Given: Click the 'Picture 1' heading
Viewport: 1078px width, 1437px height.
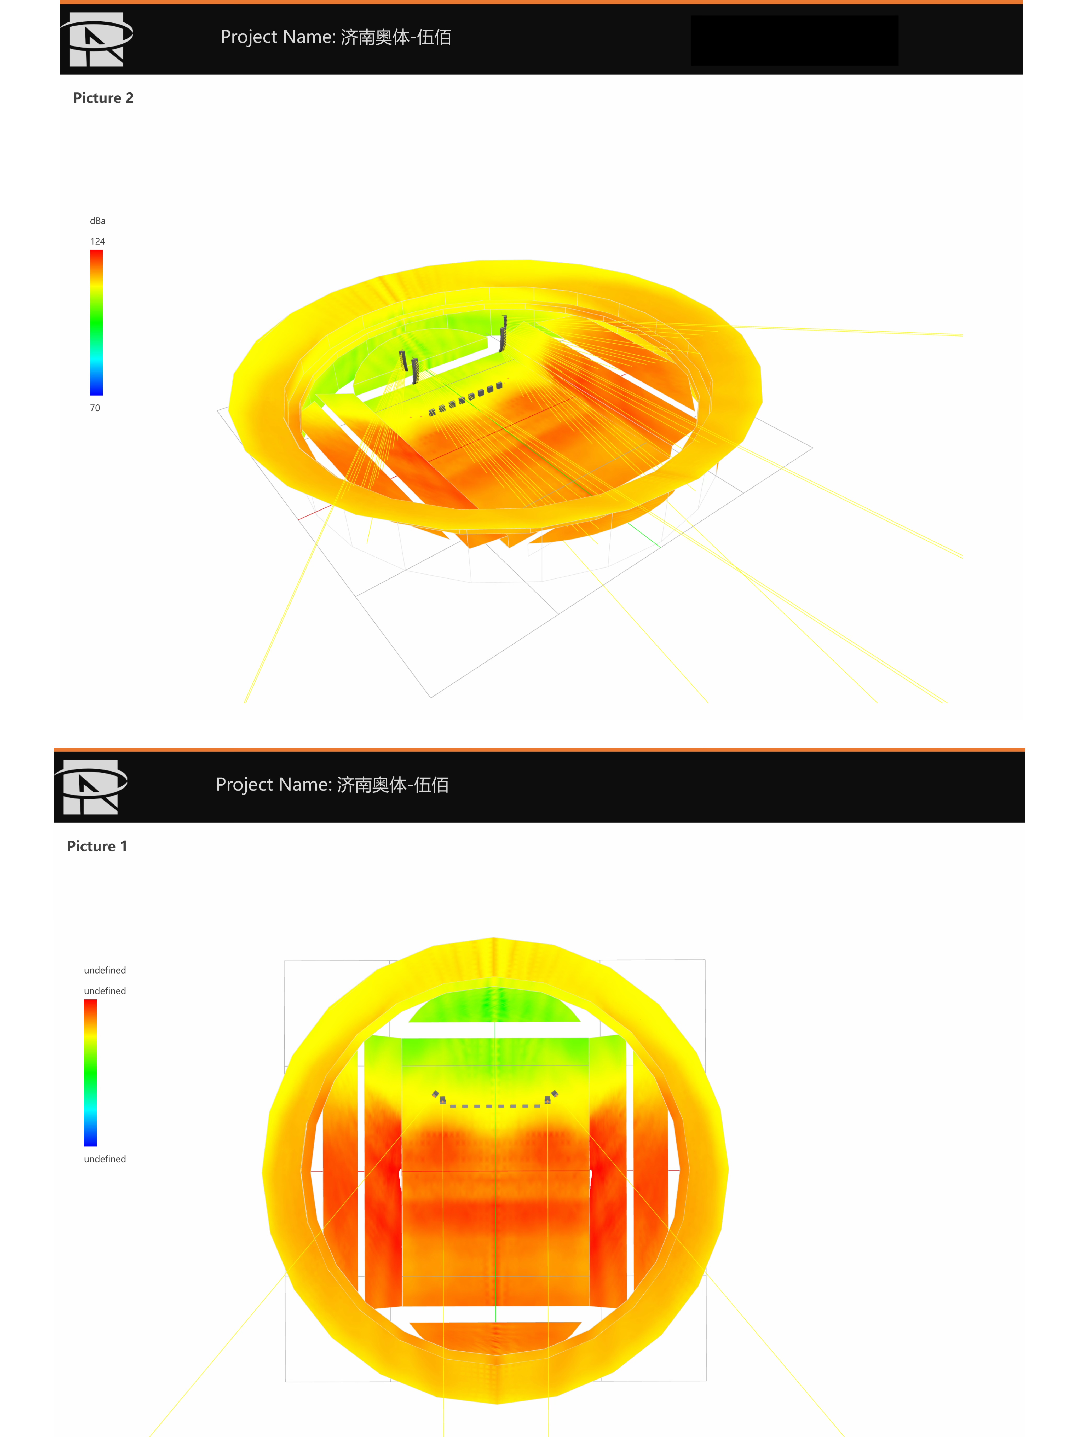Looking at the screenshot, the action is click(97, 846).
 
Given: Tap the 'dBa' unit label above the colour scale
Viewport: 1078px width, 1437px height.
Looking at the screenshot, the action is click(97, 221).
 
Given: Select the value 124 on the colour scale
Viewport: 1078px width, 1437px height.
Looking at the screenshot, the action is click(97, 241).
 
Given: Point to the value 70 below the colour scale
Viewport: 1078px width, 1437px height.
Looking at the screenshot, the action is click(95, 408).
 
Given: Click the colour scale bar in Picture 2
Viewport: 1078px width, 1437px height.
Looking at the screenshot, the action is click(96, 322).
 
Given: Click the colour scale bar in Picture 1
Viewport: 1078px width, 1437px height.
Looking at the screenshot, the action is click(90, 1073).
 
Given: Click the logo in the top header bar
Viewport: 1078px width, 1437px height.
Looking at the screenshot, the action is click(97, 39).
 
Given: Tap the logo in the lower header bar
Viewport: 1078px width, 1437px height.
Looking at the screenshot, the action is click(91, 787).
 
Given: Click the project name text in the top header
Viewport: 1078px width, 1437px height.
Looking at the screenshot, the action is click(336, 37).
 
